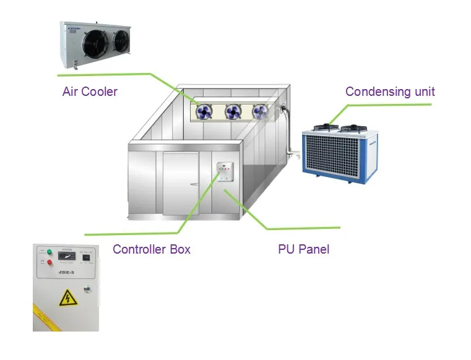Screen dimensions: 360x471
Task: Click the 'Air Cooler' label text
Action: point(90,92)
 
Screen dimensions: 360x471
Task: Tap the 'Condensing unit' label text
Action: point(390,92)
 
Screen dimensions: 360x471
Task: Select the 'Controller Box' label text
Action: point(152,250)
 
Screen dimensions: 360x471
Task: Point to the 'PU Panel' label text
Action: point(303,250)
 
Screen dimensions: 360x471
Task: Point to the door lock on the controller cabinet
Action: point(87,289)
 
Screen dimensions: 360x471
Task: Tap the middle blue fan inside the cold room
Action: point(233,112)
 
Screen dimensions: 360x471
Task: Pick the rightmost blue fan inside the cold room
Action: point(260,112)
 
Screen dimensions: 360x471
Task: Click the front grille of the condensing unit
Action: point(332,155)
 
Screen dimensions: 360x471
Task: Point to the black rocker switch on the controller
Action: point(87,257)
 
